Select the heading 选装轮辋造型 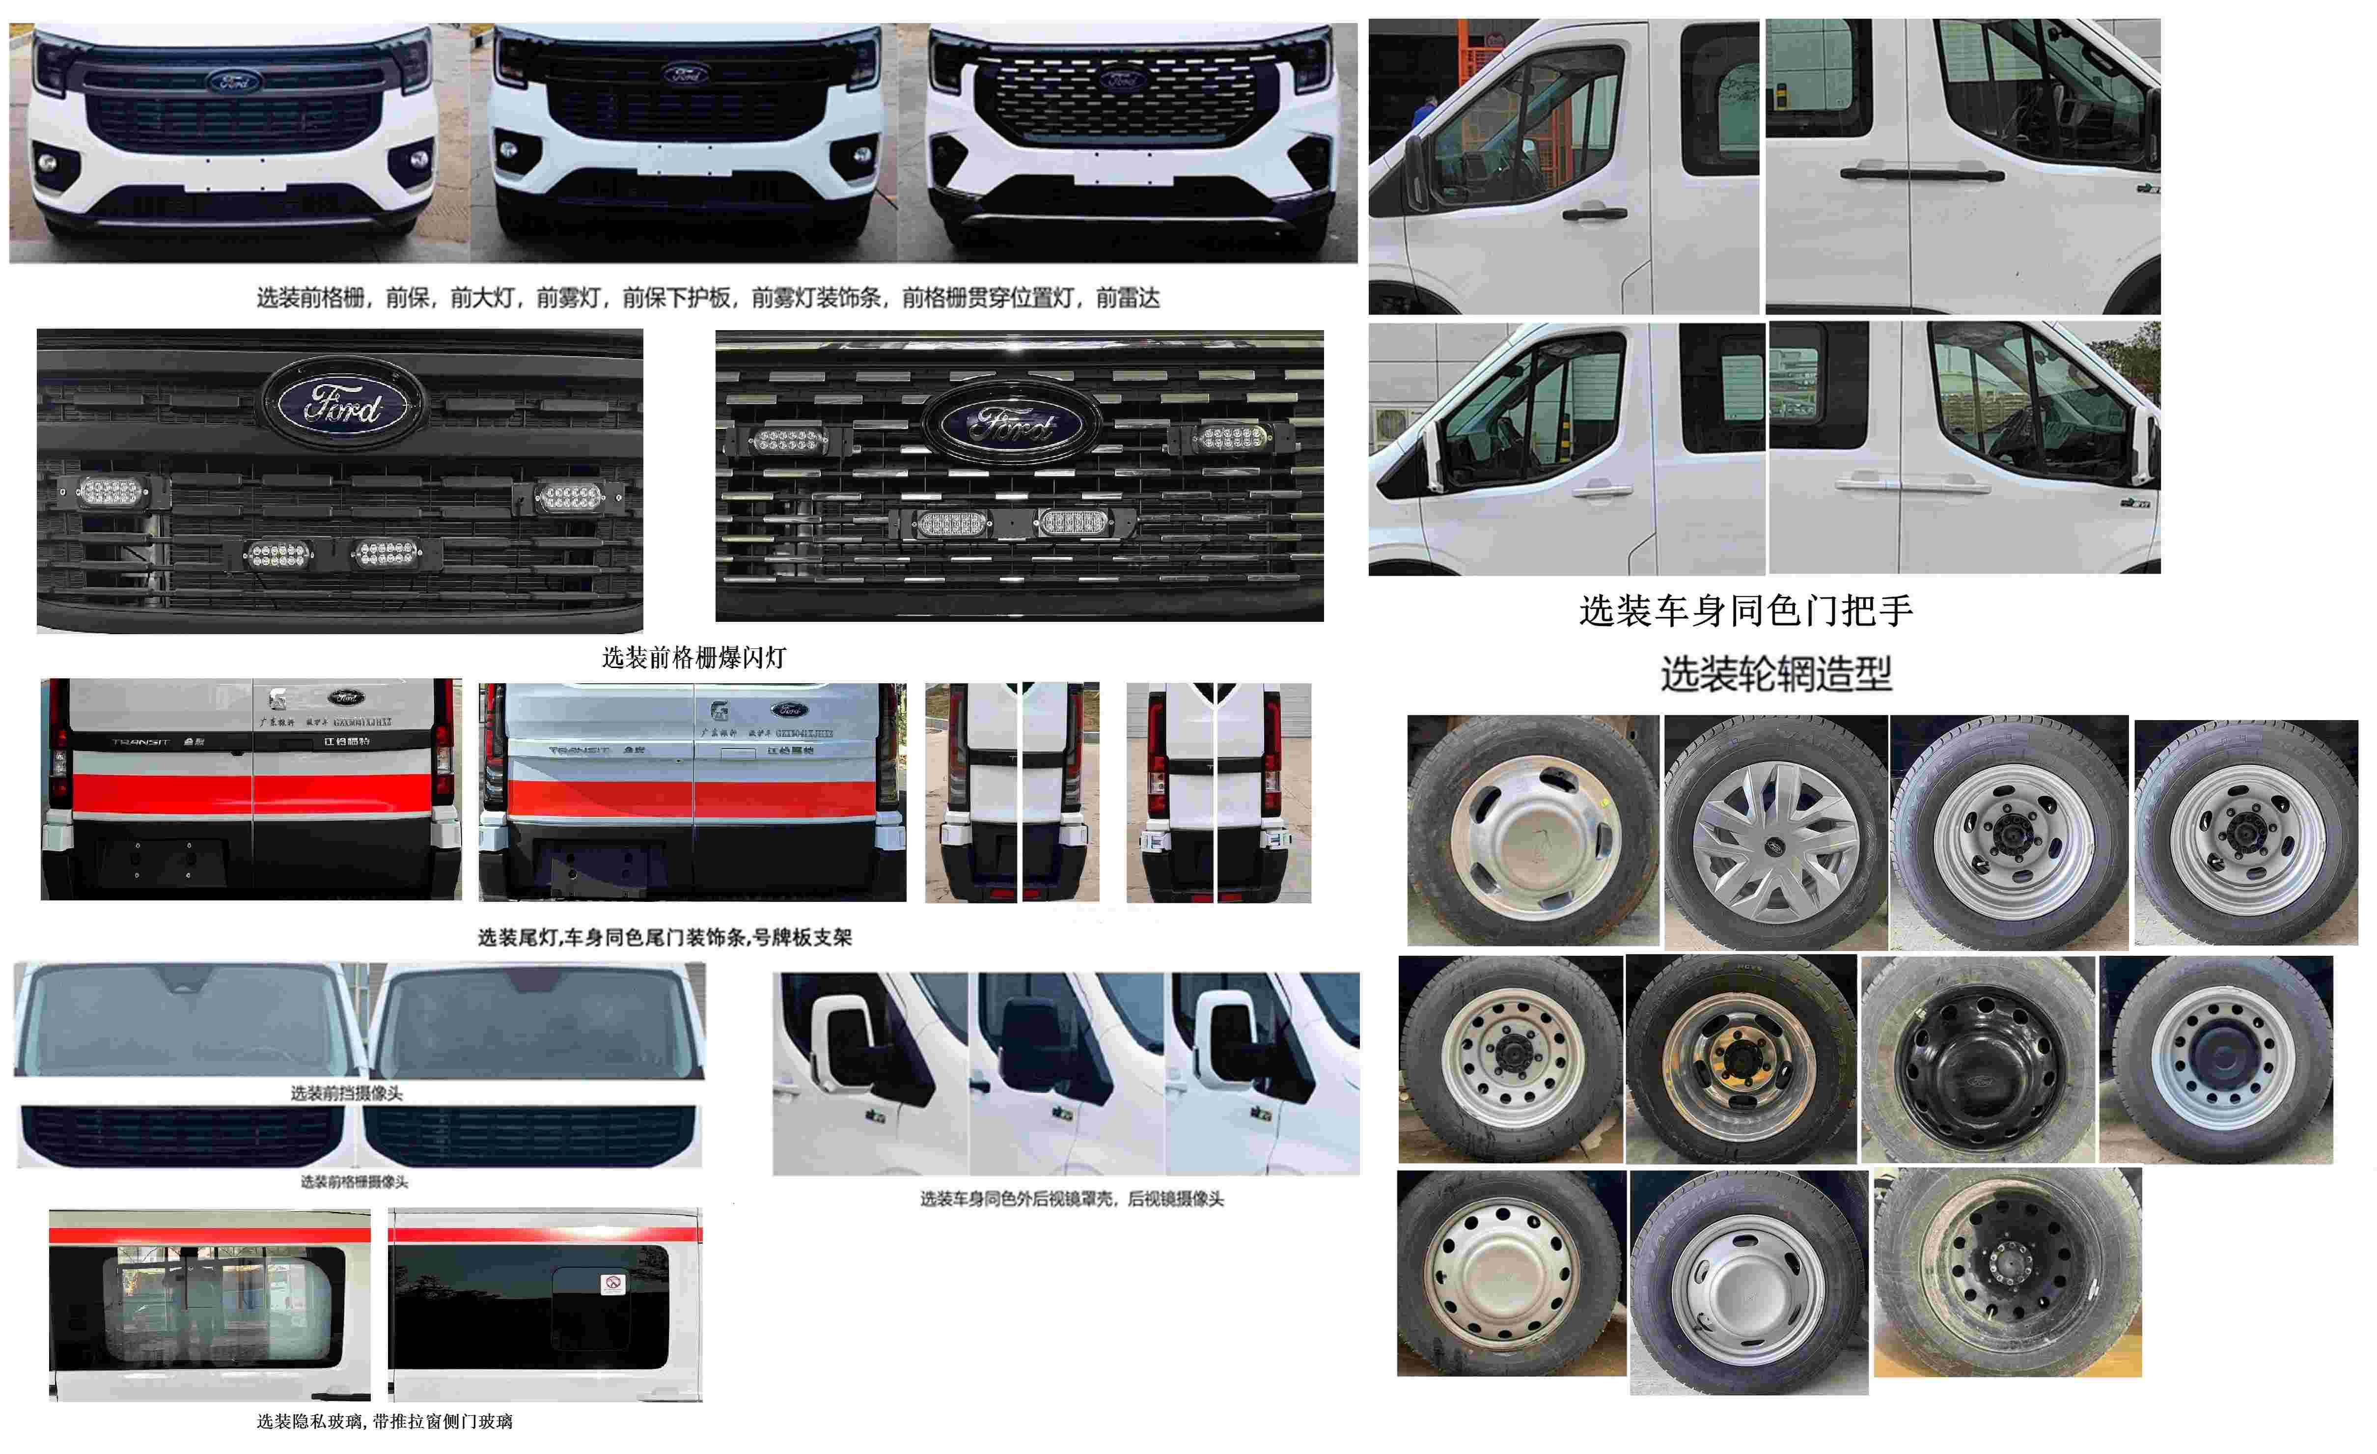[1775, 673]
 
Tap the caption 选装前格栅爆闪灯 [693, 658]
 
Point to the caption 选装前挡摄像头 [346, 1093]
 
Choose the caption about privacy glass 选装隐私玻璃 [384, 1421]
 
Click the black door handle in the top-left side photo [1594, 213]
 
